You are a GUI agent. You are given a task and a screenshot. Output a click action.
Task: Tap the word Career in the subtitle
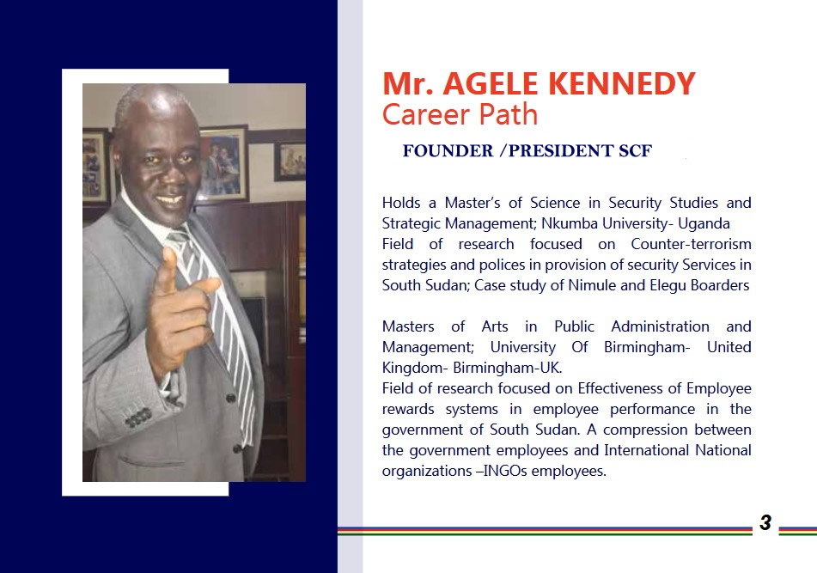pos(426,114)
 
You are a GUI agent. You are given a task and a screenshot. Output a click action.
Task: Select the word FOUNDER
pos(448,151)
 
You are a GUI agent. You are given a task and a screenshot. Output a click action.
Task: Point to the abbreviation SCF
pos(635,151)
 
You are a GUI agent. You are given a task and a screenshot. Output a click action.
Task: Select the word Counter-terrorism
pos(691,244)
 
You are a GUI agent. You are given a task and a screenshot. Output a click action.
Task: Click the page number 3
pos(765,522)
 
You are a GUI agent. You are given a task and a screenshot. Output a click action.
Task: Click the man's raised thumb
pos(168,265)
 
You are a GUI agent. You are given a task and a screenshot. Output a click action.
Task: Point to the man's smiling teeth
pos(170,199)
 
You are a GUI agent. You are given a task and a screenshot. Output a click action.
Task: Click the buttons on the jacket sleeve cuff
pos(138,418)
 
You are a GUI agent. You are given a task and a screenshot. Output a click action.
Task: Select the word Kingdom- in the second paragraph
pos(415,369)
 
